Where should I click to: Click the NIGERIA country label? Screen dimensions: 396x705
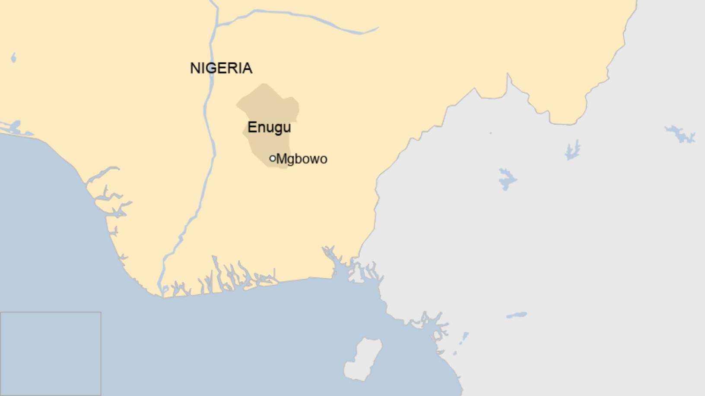pos(221,68)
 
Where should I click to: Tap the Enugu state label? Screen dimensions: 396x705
pos(269,127)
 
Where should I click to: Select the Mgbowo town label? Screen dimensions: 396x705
pos(302,159)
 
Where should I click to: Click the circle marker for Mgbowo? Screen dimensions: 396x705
pos(273,158)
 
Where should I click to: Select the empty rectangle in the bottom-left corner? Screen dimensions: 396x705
pos(51,353)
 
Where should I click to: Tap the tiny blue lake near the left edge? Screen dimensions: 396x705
pos(13,57)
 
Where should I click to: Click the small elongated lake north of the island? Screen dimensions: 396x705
pos(517,315)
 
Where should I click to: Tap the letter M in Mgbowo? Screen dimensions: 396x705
pos(281,159)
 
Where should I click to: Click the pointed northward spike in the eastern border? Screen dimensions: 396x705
pos(508,78)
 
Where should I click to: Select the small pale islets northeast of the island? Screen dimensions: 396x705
pos(462,341)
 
